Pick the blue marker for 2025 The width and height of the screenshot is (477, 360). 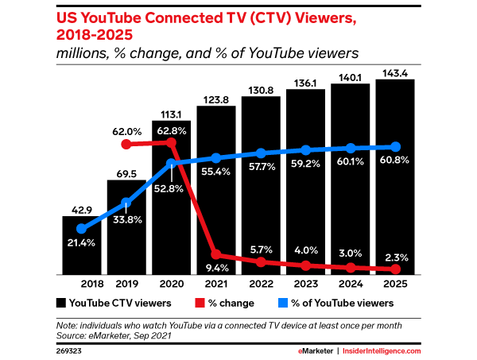[395, 147]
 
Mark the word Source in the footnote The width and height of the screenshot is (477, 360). [70, 336]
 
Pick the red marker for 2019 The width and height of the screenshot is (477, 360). [126, 144]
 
